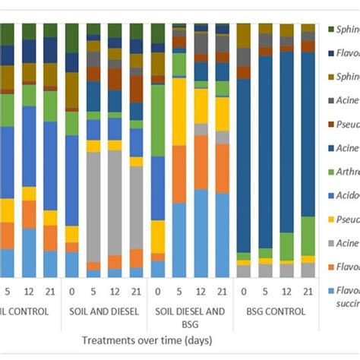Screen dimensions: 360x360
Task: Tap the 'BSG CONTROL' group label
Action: [x=275, y=311]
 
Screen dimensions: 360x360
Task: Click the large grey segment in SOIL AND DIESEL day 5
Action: [x=93, y=205]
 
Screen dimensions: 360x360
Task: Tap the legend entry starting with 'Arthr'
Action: [x=346, y=172]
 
